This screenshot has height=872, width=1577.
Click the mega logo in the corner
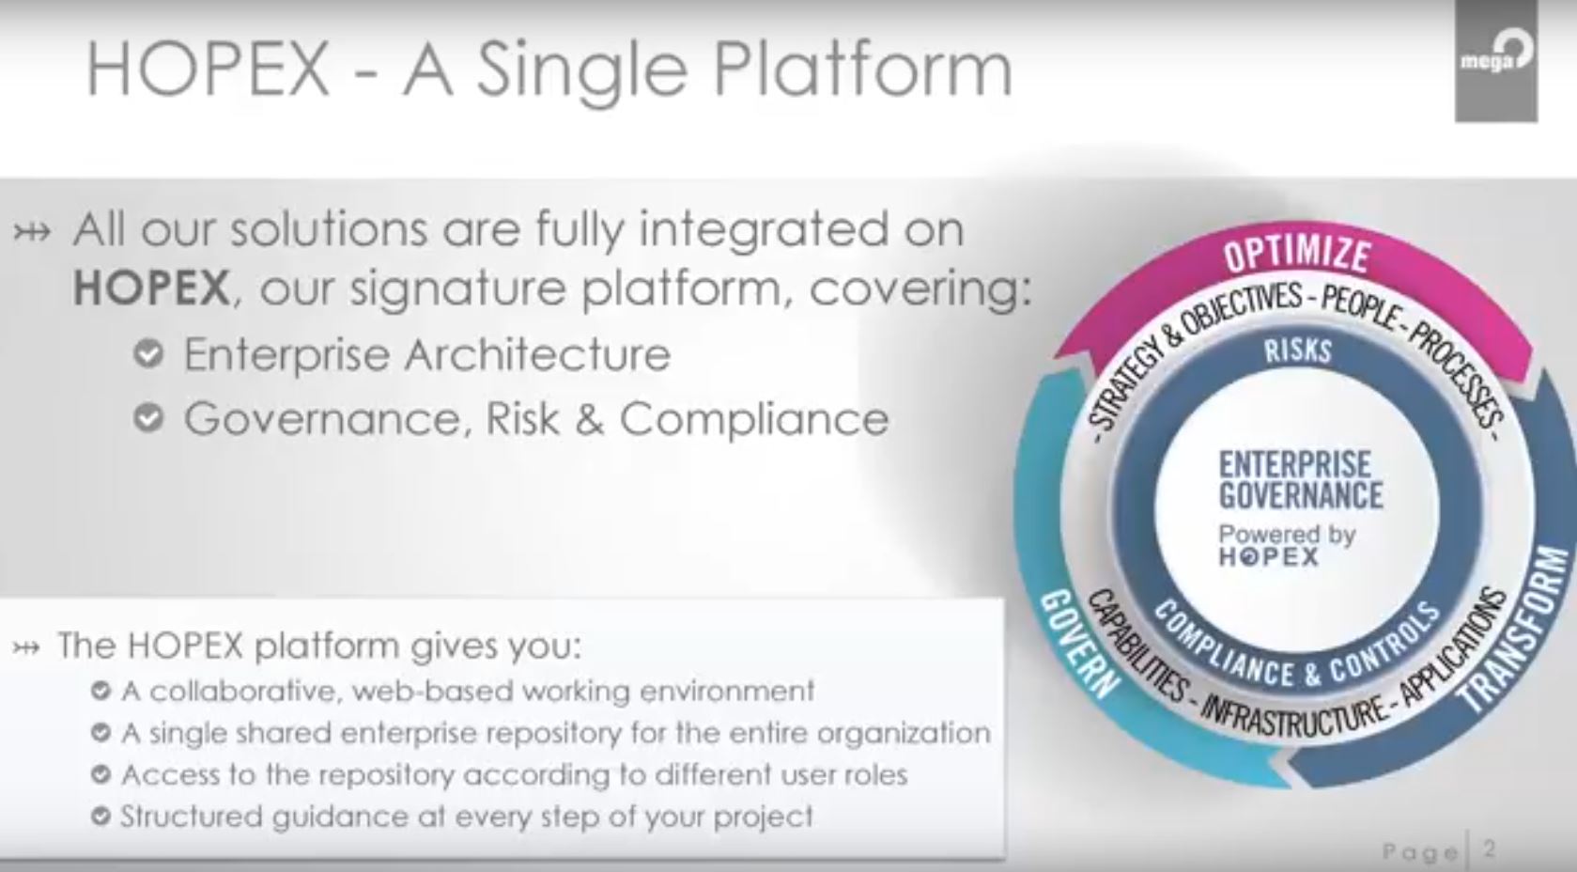(1496, 60)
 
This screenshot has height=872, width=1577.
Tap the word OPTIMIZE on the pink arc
(1297, 255)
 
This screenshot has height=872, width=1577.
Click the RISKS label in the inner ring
(1298, 350)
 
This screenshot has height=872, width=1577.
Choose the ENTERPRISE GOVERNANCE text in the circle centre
(1300, 479)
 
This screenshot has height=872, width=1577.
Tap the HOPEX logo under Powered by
(1269, 557)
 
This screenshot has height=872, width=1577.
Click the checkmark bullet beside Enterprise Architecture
(148, 353)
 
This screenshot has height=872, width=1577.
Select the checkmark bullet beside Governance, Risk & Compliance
(148, 418)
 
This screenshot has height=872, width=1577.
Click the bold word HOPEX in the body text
(151, 288)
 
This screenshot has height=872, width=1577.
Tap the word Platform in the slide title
(863, 69)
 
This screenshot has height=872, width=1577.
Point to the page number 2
(1489, 849)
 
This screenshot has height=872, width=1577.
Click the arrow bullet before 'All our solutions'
(32, 232)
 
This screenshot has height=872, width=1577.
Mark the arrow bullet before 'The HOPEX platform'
(26, 646)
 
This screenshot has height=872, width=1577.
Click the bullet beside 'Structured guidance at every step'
(100, 817)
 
